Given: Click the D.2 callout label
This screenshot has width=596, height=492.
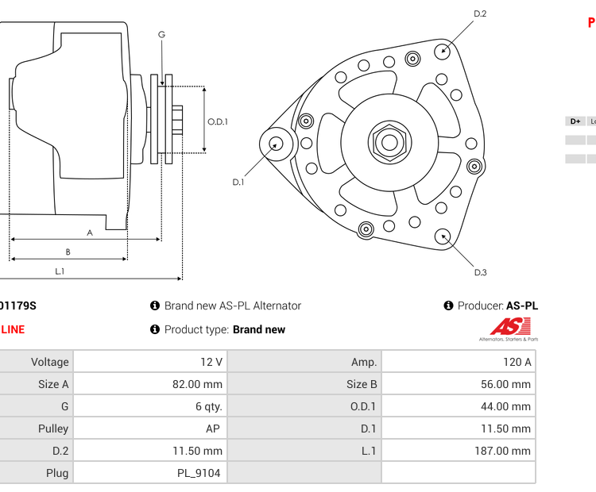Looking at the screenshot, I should (480, 13).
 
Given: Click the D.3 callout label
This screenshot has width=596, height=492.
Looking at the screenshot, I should (480, 273).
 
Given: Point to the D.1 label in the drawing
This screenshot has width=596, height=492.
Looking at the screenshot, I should (238, 183).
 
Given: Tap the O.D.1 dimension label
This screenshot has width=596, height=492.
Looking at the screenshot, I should (218, 121).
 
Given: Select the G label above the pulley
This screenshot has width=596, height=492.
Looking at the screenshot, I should (161, 34).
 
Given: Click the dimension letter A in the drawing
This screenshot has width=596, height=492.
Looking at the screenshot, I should (90, 233).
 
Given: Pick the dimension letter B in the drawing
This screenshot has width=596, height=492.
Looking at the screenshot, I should (68, 252).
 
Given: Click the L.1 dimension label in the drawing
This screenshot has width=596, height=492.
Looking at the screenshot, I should (60, 271).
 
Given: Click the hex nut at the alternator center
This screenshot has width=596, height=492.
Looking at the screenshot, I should (389, 143).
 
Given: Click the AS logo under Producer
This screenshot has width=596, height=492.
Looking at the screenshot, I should (509, 327).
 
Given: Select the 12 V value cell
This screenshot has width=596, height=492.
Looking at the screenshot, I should (211, 362).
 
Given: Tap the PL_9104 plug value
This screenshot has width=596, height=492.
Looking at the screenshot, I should (199, 473).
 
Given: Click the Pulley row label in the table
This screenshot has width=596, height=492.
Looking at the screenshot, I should (53, 429).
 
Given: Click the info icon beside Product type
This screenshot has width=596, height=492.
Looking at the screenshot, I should (155, 329).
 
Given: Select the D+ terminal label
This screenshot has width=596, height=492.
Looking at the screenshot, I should (575, 121).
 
